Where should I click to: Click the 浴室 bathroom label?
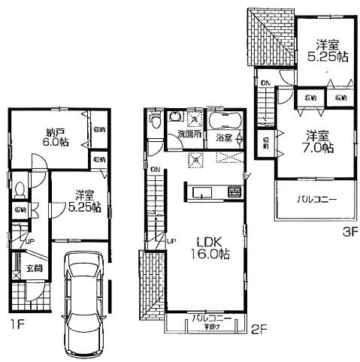tap(224, 138)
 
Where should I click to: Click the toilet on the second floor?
tap(155, 119)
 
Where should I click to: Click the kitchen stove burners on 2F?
tap(226, 159)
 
